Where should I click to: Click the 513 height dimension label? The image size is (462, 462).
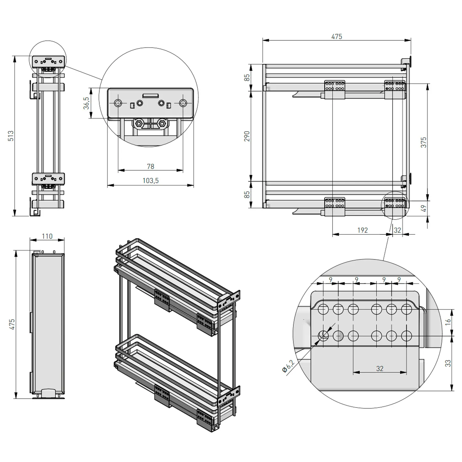[11, 136]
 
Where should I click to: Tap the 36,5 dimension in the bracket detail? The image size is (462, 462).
[87, 103]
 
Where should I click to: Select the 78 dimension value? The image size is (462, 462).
[151, 166]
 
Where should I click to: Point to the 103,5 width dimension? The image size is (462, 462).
[151, 181]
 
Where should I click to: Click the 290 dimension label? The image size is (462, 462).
[247, 136]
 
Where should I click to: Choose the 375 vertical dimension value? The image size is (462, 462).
[424, 142]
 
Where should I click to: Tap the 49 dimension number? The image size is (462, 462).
[424, 209]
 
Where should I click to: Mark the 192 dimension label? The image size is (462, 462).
[363, 230]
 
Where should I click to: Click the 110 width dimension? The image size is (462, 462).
[47, 236]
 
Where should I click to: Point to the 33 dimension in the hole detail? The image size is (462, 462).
[448, 363]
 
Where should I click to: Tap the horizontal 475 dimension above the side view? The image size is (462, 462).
[337, 36]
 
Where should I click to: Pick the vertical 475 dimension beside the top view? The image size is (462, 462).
[12, 324]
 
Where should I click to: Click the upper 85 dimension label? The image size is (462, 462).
[247, 77]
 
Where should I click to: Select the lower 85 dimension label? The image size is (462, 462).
[247, 195]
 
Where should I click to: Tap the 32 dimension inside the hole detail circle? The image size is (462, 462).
[379, 368]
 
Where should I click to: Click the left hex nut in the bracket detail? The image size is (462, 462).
[139, 124]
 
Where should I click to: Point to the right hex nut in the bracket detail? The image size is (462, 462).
[162, 124]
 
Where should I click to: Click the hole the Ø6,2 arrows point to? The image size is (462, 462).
[323, 335]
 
